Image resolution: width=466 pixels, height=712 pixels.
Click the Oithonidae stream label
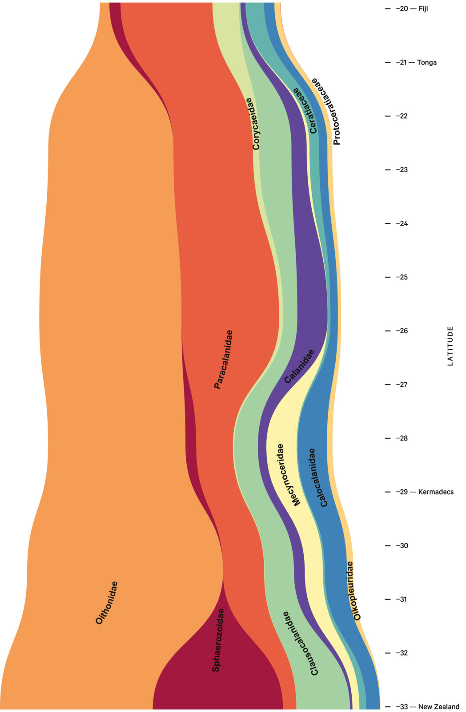pyautogui.click(x=107, y=603)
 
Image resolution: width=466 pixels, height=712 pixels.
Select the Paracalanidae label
pyautogui.click(x=223, y=360)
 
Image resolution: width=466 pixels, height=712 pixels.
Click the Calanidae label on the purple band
pyautogui.click(x=299, y=366)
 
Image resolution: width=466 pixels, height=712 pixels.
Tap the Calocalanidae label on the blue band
pyautogui.click(x=318, y=477)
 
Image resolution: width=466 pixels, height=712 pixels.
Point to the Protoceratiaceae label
pyautogui.click(x=328, y=111)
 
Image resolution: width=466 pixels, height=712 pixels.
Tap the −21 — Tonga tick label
pyautogui.click(x=416, y=62)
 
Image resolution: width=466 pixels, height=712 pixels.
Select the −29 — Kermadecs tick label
pyautogui.click(x=425, y=492)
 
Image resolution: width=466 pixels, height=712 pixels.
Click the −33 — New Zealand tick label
pyautogui.click(x=428, y=707)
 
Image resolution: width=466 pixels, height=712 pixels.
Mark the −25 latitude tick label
pyautogui.click(x=402, y=277)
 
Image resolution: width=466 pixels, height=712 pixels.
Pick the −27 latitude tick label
pyautogui.click(x=402, y=384)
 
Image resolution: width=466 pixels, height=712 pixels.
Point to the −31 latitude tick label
pyautogui.click(x=402, y=599)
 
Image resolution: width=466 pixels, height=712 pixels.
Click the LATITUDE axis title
pyautogui.click(x=450, y=346)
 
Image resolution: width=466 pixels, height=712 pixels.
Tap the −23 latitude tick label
pyautogui.click(x=402, y=170)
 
